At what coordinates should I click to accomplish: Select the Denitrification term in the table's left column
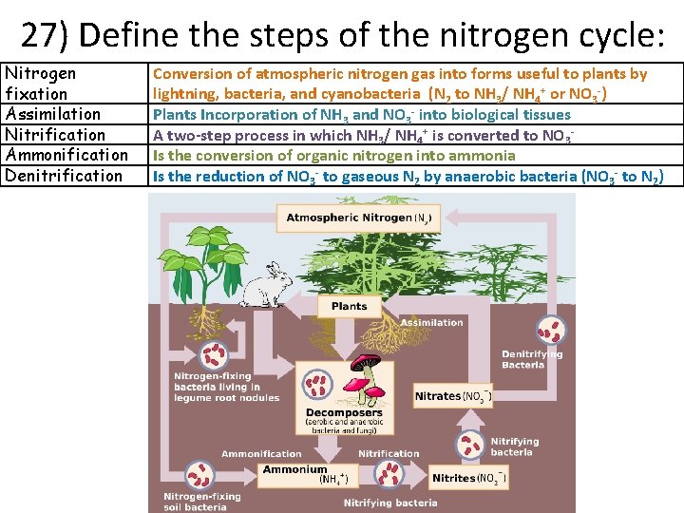[65, 176]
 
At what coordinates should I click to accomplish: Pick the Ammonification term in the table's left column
[66, 155]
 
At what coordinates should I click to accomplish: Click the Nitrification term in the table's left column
[56, 135]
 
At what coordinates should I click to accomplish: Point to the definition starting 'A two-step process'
[362, 135]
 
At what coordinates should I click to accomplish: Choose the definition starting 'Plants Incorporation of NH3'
[362, 114]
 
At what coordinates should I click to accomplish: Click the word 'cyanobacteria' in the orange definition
[373, 93]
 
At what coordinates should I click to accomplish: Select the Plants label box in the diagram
[349, 306]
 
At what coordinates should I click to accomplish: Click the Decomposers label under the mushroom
[344, 413]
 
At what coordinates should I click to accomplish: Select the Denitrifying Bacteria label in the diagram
[531, 359]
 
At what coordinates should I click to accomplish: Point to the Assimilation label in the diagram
[431, 323]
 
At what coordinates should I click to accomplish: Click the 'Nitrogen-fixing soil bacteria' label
[201, 501]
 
